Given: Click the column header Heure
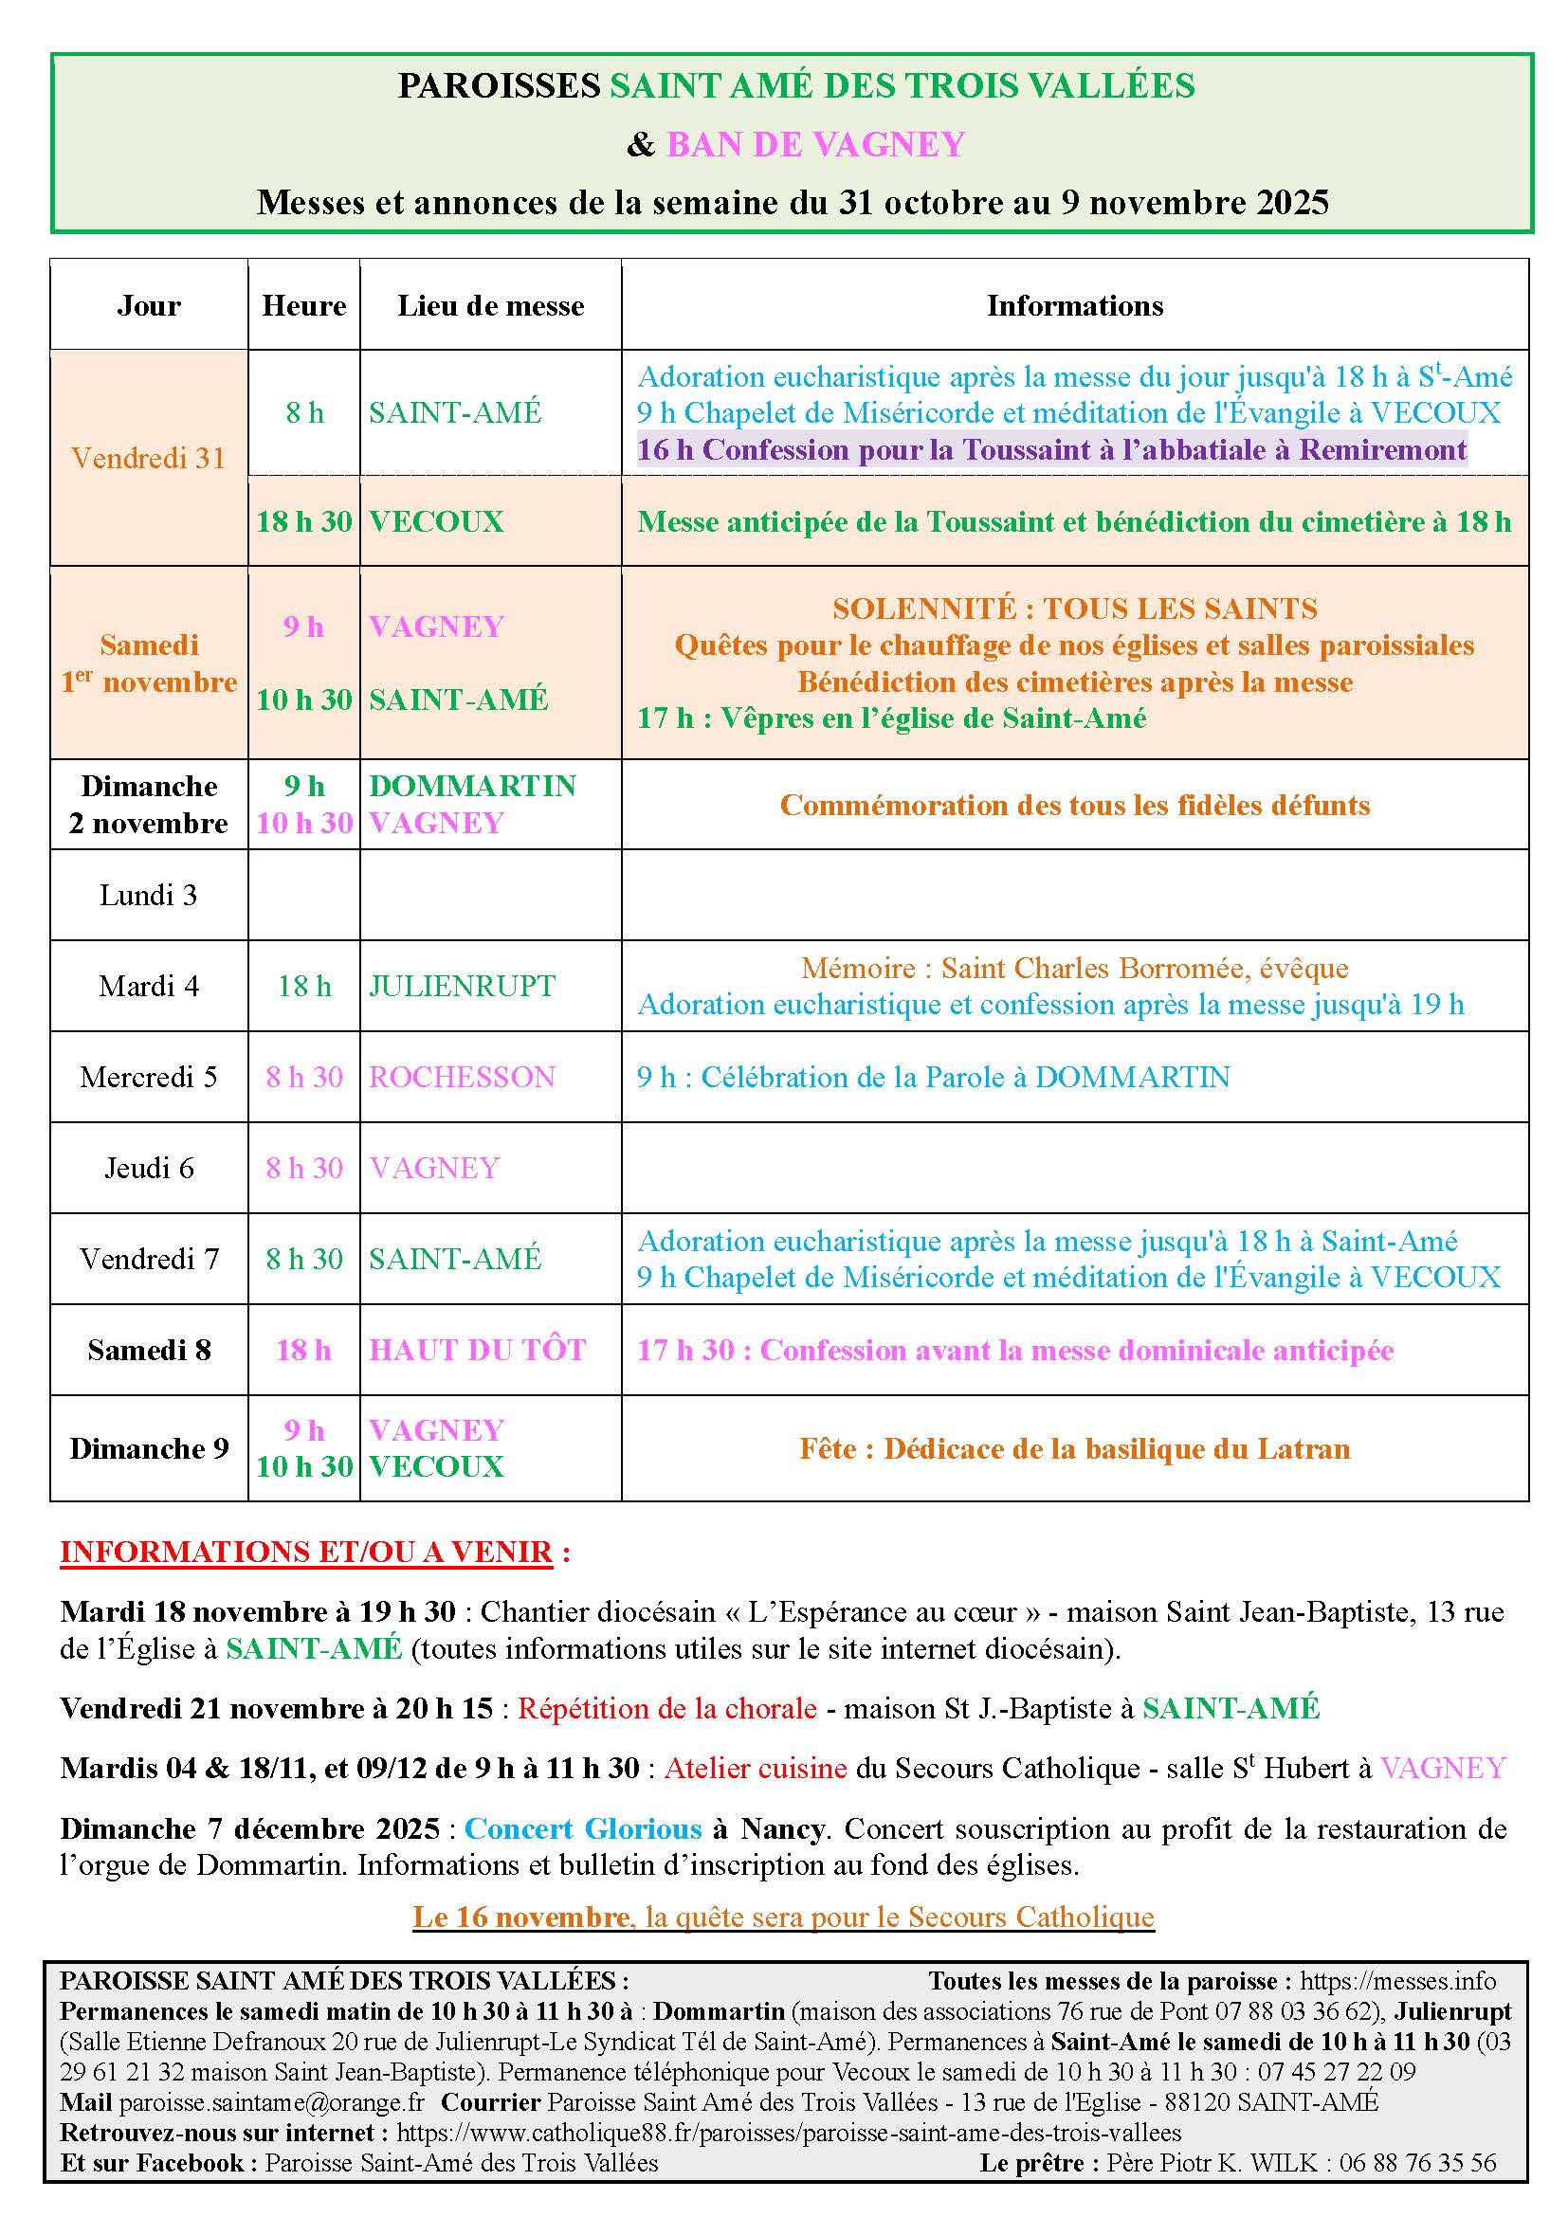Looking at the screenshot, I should (x=304, y=305).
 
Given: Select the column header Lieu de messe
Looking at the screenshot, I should (x=490, y=305).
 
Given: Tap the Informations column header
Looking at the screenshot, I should (x=1075, y=305).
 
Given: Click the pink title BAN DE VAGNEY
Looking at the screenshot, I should (x=816, y=144).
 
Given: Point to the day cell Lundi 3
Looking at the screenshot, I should (x=149, y=895).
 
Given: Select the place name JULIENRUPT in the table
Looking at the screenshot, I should (x=463, y=986).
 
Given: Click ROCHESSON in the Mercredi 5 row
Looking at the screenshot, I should (x=463, y=1077).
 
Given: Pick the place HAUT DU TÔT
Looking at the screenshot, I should (x=478, y=1350).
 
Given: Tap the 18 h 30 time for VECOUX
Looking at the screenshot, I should (x=304, y=521).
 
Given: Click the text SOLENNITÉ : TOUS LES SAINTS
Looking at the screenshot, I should (x=1075, y=609).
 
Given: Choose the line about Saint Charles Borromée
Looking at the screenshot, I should (x=1075, y=968).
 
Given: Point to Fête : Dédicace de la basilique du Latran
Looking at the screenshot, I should (x=1075, y=1448).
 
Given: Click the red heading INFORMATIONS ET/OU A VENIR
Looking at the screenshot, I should (x=306, y=1552).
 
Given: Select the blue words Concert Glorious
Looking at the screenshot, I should (x=583, y=1828).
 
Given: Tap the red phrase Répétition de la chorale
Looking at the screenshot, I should (x=667, y=1708).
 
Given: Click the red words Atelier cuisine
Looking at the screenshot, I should (x=756, y=1768).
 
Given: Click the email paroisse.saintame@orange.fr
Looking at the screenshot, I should (x=271, y=2102).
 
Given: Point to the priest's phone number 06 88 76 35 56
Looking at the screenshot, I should (x=1417, y=2163).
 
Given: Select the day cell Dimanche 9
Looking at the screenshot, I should (x=149, y=1448).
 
